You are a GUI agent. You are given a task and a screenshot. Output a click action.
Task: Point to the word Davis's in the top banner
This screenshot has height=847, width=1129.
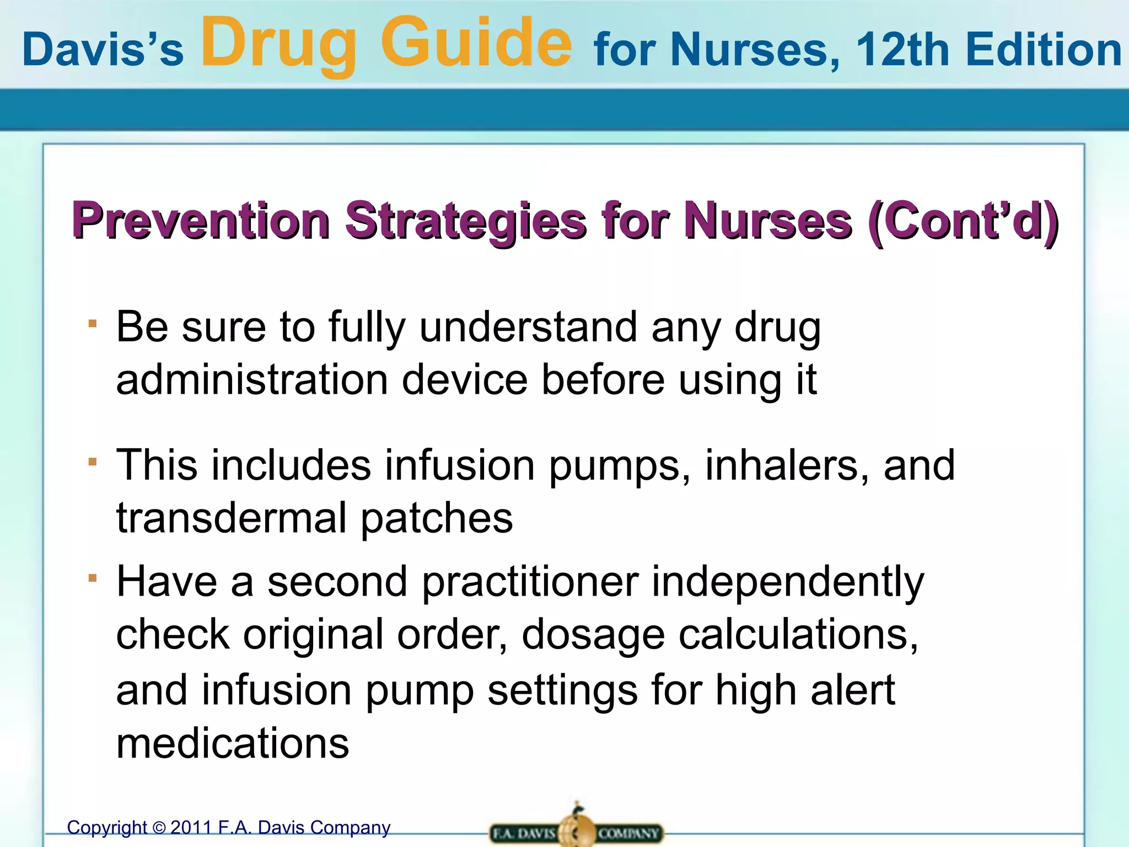[x=103, y=50]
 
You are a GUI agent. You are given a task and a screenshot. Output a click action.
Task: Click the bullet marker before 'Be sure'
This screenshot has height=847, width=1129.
[x=93, y=324]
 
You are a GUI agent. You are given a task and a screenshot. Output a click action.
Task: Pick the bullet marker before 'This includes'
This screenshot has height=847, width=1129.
[x=93, y=462]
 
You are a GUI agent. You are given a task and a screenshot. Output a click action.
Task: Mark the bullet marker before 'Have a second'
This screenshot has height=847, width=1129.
[x=93, y=578]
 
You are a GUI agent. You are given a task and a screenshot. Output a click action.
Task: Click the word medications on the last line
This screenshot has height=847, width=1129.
[x=233, y=743]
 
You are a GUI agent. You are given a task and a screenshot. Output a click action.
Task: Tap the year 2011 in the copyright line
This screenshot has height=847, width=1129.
[x=191, y=828]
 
